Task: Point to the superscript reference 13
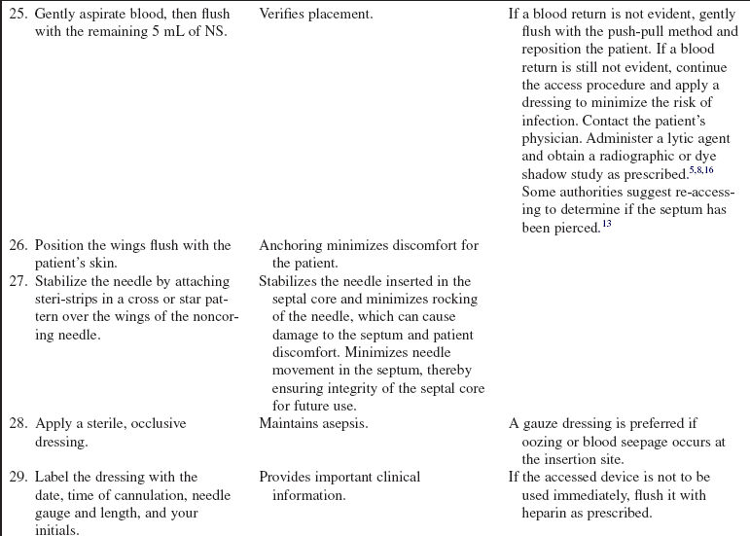tap(606, 223)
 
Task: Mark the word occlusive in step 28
tap(155, 424)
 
